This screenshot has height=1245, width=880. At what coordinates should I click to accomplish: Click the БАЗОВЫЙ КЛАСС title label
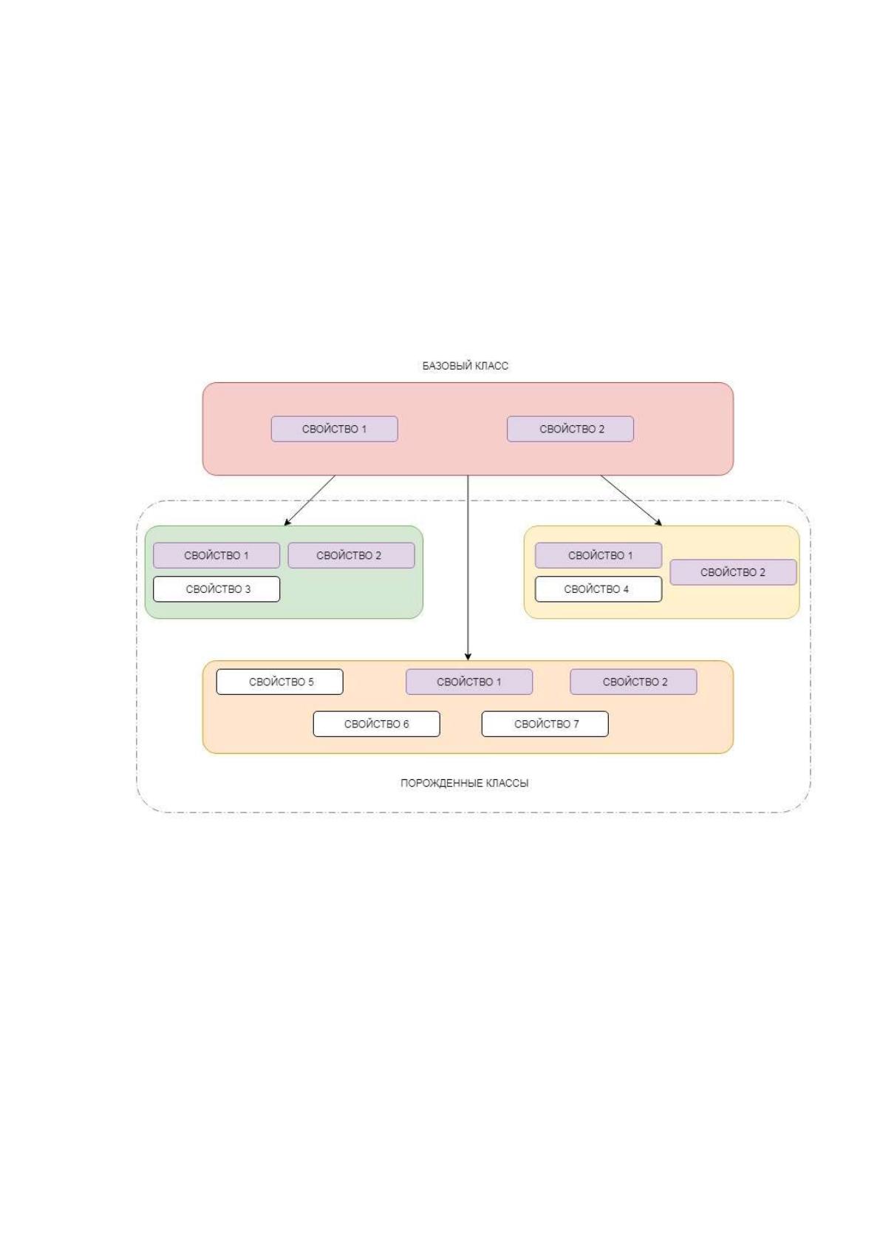coord(465,366)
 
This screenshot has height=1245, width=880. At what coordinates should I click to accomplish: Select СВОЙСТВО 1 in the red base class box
coord(335,429)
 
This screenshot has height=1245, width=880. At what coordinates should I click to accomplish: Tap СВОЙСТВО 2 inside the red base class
coord(570,429)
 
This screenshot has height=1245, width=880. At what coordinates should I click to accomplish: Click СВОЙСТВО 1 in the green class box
coord(216,555)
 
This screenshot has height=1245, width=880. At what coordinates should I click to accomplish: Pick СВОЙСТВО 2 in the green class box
coord(351,555)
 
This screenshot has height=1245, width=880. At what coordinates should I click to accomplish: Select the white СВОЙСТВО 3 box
coord(216,589)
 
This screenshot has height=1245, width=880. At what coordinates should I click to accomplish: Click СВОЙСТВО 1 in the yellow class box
coord(599,555)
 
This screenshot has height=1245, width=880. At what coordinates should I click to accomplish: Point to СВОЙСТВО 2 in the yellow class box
coord(733,572)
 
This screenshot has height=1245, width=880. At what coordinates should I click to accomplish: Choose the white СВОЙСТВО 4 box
coord(599,589)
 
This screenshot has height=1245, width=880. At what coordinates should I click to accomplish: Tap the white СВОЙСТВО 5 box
coord(280,682)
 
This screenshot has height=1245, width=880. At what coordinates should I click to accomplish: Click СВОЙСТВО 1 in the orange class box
coord(469,682)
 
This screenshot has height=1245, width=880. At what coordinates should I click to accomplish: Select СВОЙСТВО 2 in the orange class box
coord(633,682)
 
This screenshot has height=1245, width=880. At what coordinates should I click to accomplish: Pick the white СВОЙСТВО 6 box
coord(377,725)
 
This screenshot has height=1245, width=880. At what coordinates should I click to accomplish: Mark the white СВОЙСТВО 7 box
coord(545,725)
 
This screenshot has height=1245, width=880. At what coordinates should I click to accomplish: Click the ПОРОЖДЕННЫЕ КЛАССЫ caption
coord(465,783)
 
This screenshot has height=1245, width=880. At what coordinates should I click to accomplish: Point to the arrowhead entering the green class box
coord(287,523)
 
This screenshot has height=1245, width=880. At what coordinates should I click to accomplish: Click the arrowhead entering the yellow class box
coord(659,523)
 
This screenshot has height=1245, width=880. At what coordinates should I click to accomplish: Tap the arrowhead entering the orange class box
coord(468,657)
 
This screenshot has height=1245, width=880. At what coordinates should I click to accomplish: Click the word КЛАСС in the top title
coord(491,366)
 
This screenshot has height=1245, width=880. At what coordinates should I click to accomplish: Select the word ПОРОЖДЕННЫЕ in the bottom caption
coord(441,783)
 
